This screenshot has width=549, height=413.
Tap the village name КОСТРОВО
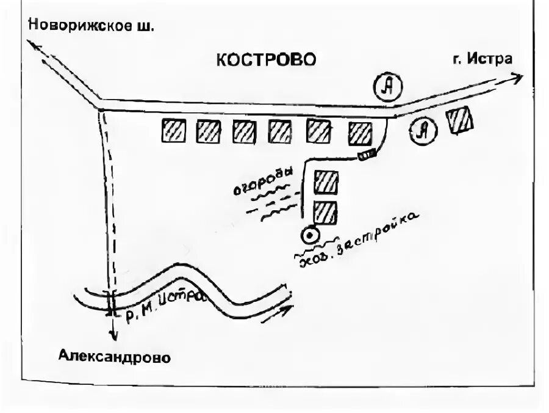[x=267, y=59]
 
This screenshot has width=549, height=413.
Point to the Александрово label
[x=115, y=357]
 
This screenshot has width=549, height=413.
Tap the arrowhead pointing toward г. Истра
[x=517, y=78]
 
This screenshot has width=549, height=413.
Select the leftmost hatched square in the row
[x=173, y=130]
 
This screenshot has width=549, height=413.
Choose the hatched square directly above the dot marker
[x=325, y=212]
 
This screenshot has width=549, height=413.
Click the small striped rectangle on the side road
[x=367, y=156]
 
